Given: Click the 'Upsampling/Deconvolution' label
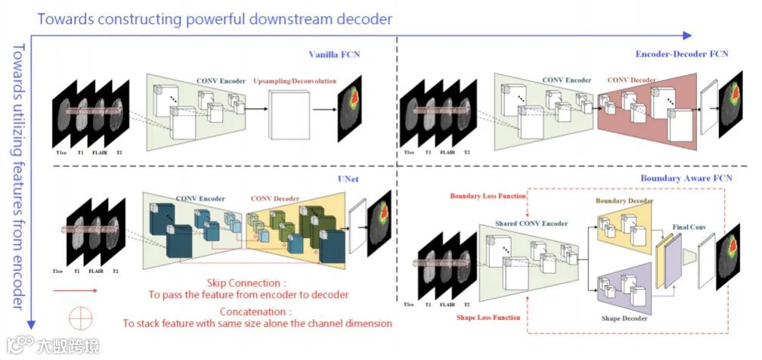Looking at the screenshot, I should [295, 80].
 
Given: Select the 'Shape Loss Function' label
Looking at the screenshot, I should [488, 317].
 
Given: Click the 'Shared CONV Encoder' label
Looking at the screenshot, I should [531, 224].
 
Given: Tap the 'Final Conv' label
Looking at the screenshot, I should [689, 226].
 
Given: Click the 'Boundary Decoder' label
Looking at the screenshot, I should [624, 200].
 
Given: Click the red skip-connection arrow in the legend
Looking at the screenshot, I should [76, 289].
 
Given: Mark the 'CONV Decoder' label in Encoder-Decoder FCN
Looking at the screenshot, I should [632, 79].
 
